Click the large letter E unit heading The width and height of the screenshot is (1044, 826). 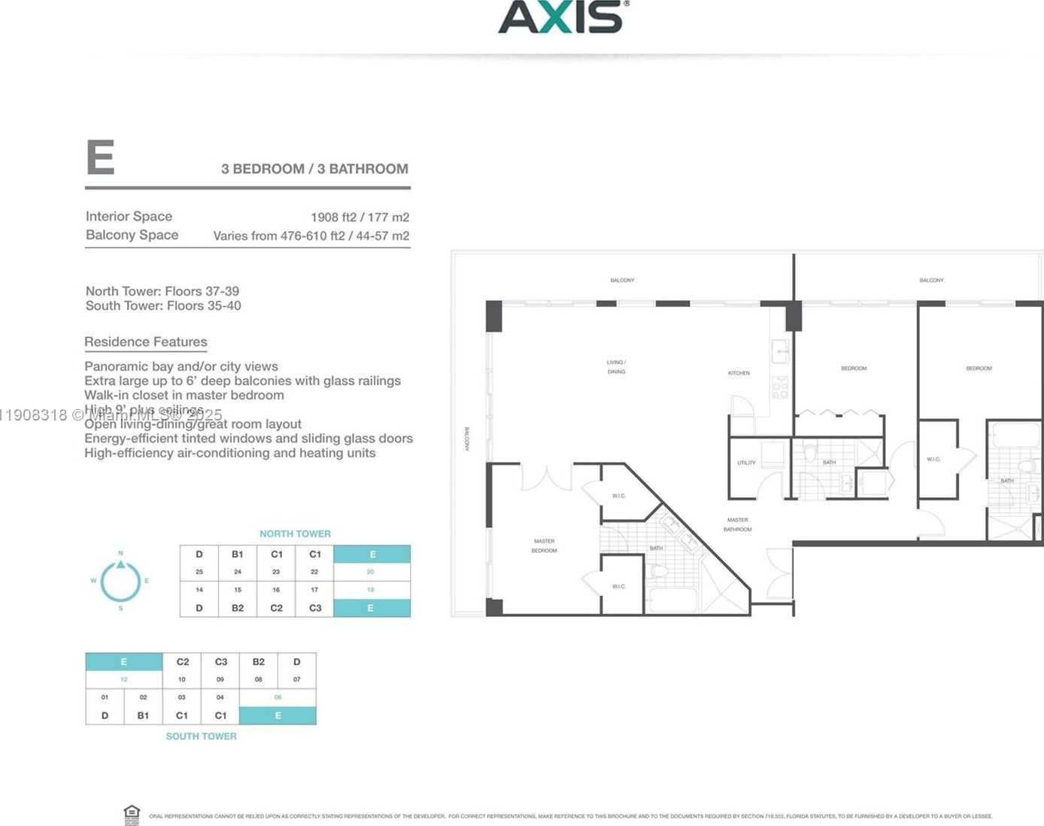(101, 157)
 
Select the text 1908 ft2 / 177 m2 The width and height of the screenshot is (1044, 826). (360, 217)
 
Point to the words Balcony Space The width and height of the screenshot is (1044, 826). (132, 235)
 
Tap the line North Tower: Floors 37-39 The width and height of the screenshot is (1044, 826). (162, 291)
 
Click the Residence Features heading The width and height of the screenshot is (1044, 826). (146, 342)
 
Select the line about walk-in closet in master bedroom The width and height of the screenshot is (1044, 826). (184, 395)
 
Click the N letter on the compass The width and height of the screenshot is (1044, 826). (120, 553)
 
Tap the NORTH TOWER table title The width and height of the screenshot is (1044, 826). (295, 533)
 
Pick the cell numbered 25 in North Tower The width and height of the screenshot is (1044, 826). (199, 572)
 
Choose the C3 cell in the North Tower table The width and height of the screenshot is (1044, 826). (315, 608)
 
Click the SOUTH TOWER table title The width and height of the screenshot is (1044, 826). (201, 736)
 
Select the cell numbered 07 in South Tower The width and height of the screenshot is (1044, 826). (296, 679)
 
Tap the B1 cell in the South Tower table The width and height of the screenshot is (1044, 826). (143, 715)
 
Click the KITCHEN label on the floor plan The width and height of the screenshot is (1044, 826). (739, 373)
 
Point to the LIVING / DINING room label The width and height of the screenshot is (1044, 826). (616, 367)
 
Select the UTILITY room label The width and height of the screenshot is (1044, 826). (746, 463)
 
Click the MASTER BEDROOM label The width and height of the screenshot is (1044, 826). (544, 545)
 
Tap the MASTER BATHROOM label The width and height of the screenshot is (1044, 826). (737, 524)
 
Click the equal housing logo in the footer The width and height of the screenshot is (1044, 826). (132, 814)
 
